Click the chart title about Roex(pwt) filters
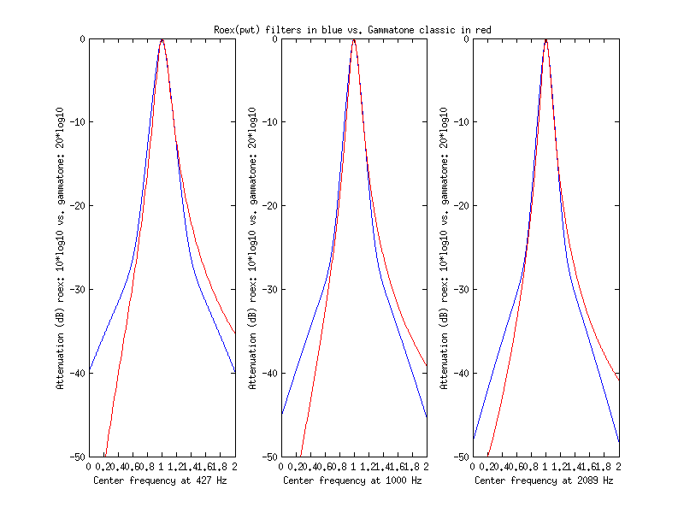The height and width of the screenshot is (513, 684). point(352,30)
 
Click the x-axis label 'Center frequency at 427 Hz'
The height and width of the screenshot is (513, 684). point(161,481)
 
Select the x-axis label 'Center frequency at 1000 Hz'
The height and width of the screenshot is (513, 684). point(352,481)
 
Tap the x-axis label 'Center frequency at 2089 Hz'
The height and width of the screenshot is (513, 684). point(544,481)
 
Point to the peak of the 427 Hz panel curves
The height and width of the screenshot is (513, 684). point(162,39)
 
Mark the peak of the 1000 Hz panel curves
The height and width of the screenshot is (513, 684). point(354,39)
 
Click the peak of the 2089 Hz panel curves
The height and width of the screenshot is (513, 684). point(545,39)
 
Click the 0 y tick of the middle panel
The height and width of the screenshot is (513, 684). point(274,38)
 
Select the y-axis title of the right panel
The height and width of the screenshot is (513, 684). point(444,248)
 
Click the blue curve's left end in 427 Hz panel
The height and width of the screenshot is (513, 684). point(89,371)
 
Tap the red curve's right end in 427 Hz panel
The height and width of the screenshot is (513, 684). point(235,333)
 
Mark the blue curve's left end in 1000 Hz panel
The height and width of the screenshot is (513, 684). point(281,414)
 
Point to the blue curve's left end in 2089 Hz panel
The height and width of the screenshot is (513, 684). point(473,439)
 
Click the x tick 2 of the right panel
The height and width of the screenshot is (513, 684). point(618,467)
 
